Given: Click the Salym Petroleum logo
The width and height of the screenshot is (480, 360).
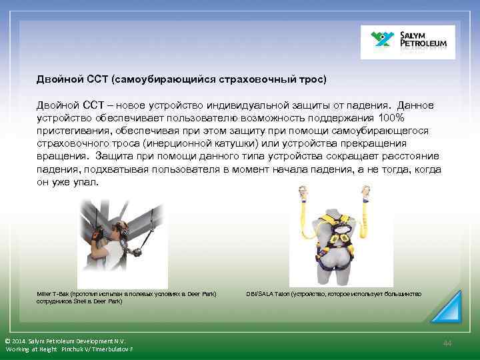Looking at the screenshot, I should [407, 43].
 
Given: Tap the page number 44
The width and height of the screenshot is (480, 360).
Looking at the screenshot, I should [447, 343].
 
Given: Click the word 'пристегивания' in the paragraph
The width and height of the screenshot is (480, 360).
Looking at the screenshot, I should [73, 131].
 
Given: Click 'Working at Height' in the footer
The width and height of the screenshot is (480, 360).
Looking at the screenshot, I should [33, 349].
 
